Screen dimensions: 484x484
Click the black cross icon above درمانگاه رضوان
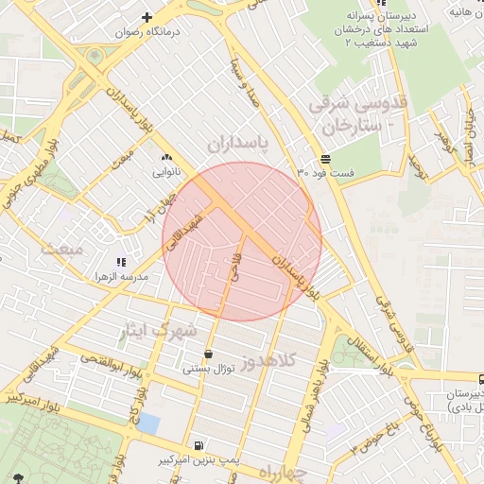click(147, 17)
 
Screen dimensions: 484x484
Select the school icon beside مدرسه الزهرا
click(120, 262)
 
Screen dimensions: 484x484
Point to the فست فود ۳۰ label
click(325, 173)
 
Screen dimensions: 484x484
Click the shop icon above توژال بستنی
click(207, 354)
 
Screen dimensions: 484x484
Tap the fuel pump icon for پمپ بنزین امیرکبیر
click(198, 445)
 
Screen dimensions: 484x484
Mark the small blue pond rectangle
click(147, 423)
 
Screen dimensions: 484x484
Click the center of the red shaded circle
click(242, 241)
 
